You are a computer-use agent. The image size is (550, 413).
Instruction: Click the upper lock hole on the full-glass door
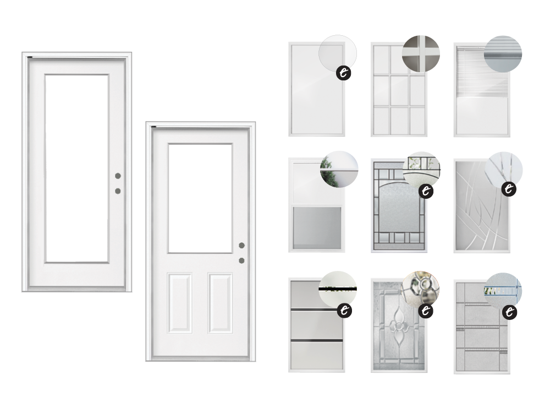tap(118, 176)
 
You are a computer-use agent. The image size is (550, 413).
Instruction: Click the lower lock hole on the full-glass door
tap(118, 191)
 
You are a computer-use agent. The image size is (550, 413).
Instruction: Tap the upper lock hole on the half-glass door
tap(241, 245)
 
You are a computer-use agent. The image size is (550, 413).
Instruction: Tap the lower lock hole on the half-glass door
tap(241, 260)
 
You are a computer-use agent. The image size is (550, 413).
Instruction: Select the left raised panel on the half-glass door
tap(180, 303)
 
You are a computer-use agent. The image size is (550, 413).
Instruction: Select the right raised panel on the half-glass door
tap(220, 303)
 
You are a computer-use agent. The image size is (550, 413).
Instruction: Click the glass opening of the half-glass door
tap(200, 198)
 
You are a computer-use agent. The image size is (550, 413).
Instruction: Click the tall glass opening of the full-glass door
tap(77, 169)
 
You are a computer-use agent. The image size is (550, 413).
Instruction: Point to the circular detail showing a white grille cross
tap(421, 54)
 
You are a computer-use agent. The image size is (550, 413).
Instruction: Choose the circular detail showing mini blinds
tap(503, 54)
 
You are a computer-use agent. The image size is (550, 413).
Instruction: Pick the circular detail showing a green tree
tap(339, 169)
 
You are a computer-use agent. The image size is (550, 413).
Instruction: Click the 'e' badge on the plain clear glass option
tap(344, 73)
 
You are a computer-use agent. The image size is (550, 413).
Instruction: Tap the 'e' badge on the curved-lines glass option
tap(509, 189)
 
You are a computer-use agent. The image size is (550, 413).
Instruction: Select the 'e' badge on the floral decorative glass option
tap(426, 311)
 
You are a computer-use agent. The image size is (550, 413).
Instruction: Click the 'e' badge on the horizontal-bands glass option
tap(344, 311)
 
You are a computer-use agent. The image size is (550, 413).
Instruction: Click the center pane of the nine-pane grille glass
tap(399, 90)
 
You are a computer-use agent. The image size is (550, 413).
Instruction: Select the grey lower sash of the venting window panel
tap(317, 228)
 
